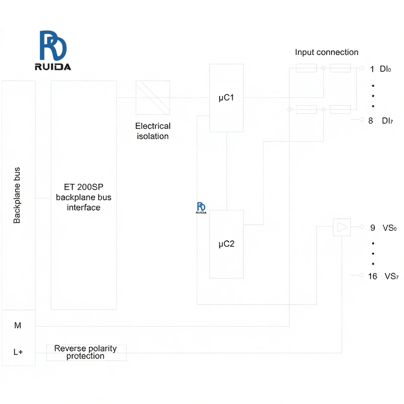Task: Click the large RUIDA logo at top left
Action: click(53, 50)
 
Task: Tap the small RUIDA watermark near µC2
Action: click(201, 208)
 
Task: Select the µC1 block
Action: click(226, 97)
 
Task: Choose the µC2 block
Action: click(226, 244)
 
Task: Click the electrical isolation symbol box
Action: click(153, 97)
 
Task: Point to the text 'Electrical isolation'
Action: click(153, 131)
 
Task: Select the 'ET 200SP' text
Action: click(84, 186)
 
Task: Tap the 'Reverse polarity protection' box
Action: click(86, 352)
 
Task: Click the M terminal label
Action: click(18, 326)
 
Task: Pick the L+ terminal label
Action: click(18, 351)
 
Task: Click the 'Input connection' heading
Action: click(327, 52)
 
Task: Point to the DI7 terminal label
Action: click(387, 120)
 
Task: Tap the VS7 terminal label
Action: click(391, 276)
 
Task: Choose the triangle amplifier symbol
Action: click(342, 227)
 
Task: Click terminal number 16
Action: click(373, 276)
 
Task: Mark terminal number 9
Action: click(373, 228)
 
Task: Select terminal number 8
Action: click(371, 120)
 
